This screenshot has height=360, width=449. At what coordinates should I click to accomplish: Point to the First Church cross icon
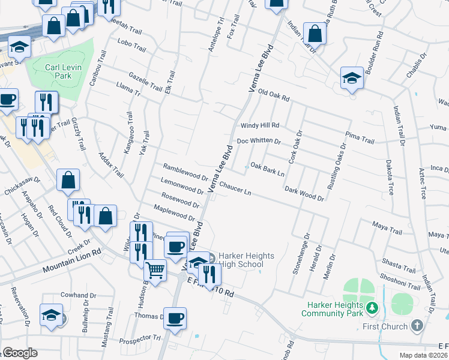(418, 326)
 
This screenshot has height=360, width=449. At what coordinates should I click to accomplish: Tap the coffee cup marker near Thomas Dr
(175, 318)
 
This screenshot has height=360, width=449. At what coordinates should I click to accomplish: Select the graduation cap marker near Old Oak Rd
(352, 77)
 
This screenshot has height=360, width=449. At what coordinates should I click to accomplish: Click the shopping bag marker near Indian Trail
(315, 34)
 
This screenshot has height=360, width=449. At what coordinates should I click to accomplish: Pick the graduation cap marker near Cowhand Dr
(52, 315)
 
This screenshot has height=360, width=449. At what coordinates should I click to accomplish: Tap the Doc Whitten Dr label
(259, 141)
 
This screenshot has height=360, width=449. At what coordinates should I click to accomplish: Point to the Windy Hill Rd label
(260, 125)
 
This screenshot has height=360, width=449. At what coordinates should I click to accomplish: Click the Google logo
(20, 353)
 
